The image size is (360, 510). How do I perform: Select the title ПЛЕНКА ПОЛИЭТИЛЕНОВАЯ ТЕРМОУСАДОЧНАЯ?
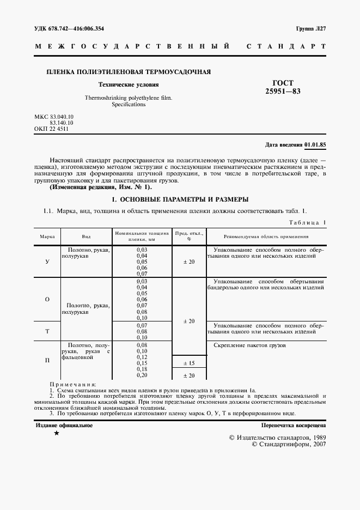pos(129,72)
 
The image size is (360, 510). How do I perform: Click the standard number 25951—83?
pos(282,91)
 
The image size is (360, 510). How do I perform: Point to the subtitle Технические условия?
pos(128,85)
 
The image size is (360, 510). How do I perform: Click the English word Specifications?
pos(128,104)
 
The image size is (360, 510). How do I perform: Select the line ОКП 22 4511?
pos(51,130)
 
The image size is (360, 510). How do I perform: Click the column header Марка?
pos(47,237)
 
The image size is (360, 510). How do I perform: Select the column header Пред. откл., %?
pos(188,236)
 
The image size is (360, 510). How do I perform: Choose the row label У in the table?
pos(47,262)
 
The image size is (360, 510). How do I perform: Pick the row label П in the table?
pos(47,361)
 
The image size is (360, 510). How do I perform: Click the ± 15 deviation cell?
pos(188,363)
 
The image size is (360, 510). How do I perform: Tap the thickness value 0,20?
pos(142,375)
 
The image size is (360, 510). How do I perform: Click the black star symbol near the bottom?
pos(56,434)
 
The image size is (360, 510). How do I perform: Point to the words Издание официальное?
pos(64,425)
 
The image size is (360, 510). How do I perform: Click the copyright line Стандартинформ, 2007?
pos(289,445)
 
